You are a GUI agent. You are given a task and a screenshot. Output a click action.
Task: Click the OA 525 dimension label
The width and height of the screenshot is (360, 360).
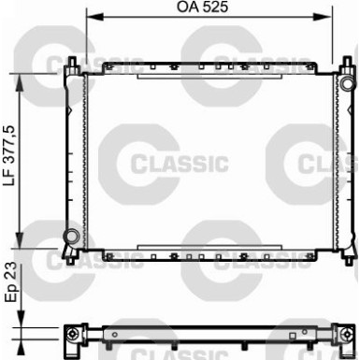tap(203, 7)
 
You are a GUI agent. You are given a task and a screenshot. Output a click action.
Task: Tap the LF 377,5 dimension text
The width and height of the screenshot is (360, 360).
tap(9, 155)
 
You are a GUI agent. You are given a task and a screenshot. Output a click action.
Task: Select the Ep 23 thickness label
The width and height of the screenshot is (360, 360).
tap(10, 281)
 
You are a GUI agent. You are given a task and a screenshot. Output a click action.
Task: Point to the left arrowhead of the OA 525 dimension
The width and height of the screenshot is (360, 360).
tap(95, 17)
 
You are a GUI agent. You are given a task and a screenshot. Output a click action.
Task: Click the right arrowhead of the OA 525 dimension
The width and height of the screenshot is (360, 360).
tap(322, 17)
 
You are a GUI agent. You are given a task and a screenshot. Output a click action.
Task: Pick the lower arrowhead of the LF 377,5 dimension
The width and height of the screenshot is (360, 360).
tap(20, 240)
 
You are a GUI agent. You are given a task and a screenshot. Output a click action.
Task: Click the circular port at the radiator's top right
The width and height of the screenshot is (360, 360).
tap(347, 83)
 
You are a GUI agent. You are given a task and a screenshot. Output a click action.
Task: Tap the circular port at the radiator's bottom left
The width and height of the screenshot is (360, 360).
tap(71, 236)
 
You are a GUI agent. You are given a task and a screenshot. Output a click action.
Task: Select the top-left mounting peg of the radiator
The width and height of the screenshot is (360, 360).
tap(72, 64)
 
